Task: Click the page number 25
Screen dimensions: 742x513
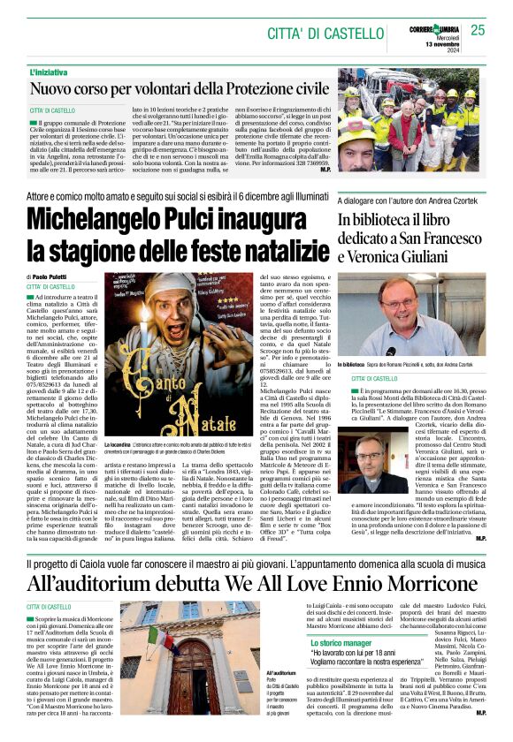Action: [478, 30]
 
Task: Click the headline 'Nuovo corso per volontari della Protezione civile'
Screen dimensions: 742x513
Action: [180, 88]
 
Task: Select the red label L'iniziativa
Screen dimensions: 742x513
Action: [50, 71]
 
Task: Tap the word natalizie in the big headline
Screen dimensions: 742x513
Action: [275, 248]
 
